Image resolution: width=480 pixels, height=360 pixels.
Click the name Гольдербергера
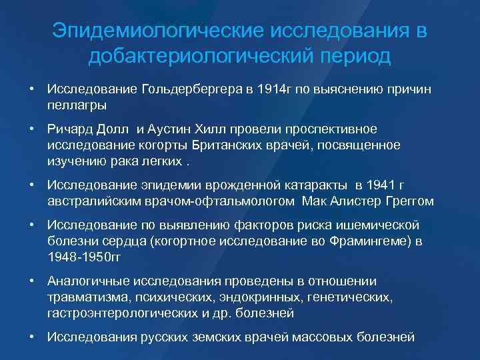pos(190,89)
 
